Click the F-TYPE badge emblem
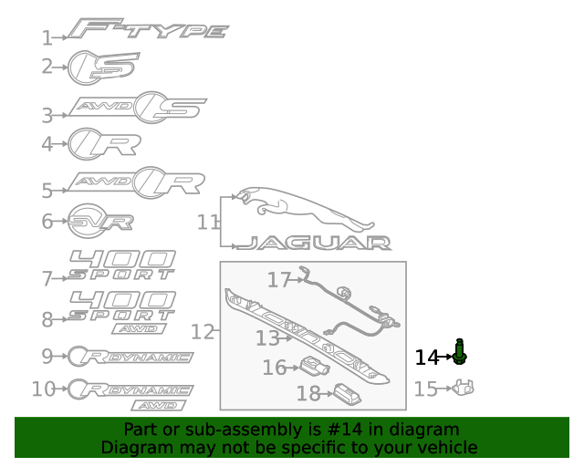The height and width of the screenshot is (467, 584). coord(148,28)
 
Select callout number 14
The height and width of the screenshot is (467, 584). coord(427,358)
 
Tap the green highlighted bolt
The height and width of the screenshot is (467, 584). coord(460,352)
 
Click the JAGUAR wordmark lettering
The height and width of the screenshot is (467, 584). coord(314,243)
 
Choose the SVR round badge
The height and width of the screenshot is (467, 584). coord(100,222)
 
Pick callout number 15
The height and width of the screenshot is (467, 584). coord(426,389)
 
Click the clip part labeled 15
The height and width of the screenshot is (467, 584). coord(464,388)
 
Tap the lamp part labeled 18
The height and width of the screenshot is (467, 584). coord(348,394)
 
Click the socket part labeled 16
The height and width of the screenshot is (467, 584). coord(315,366)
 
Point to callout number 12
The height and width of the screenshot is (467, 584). coord(203,331)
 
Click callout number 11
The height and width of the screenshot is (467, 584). coord(208,223)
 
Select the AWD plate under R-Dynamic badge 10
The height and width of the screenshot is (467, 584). coord(159,406)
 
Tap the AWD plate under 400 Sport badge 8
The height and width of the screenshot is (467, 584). coord(139,329)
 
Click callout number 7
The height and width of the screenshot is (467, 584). coord(47,279)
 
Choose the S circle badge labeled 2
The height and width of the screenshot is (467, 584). coord(103,67)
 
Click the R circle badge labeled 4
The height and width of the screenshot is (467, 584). coord(104,144)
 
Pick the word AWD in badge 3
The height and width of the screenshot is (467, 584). coord(103,107)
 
